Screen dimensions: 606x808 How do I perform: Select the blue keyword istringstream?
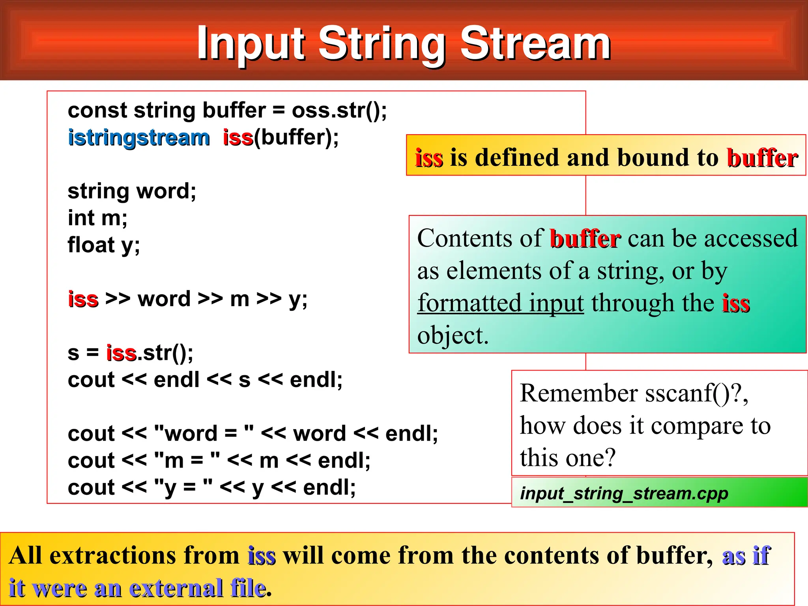coord(139,138)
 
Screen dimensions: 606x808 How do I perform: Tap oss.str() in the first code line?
coord(339,110)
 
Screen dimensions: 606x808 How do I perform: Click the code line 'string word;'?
coord(132,191)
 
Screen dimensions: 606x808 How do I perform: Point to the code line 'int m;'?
coord(97,218)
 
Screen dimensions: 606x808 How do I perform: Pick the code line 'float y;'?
coord(104,245)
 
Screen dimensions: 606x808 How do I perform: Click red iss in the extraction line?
coord(83,299)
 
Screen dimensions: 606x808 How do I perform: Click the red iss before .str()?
coord(121,353)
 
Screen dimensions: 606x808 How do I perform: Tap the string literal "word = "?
coord(204,434)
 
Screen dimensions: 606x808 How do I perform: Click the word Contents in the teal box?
coord(464,238)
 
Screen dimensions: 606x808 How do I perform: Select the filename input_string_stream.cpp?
coord(624,493)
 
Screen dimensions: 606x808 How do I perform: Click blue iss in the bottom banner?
coord(262,556)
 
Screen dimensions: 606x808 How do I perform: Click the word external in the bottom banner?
coord(176,588)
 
